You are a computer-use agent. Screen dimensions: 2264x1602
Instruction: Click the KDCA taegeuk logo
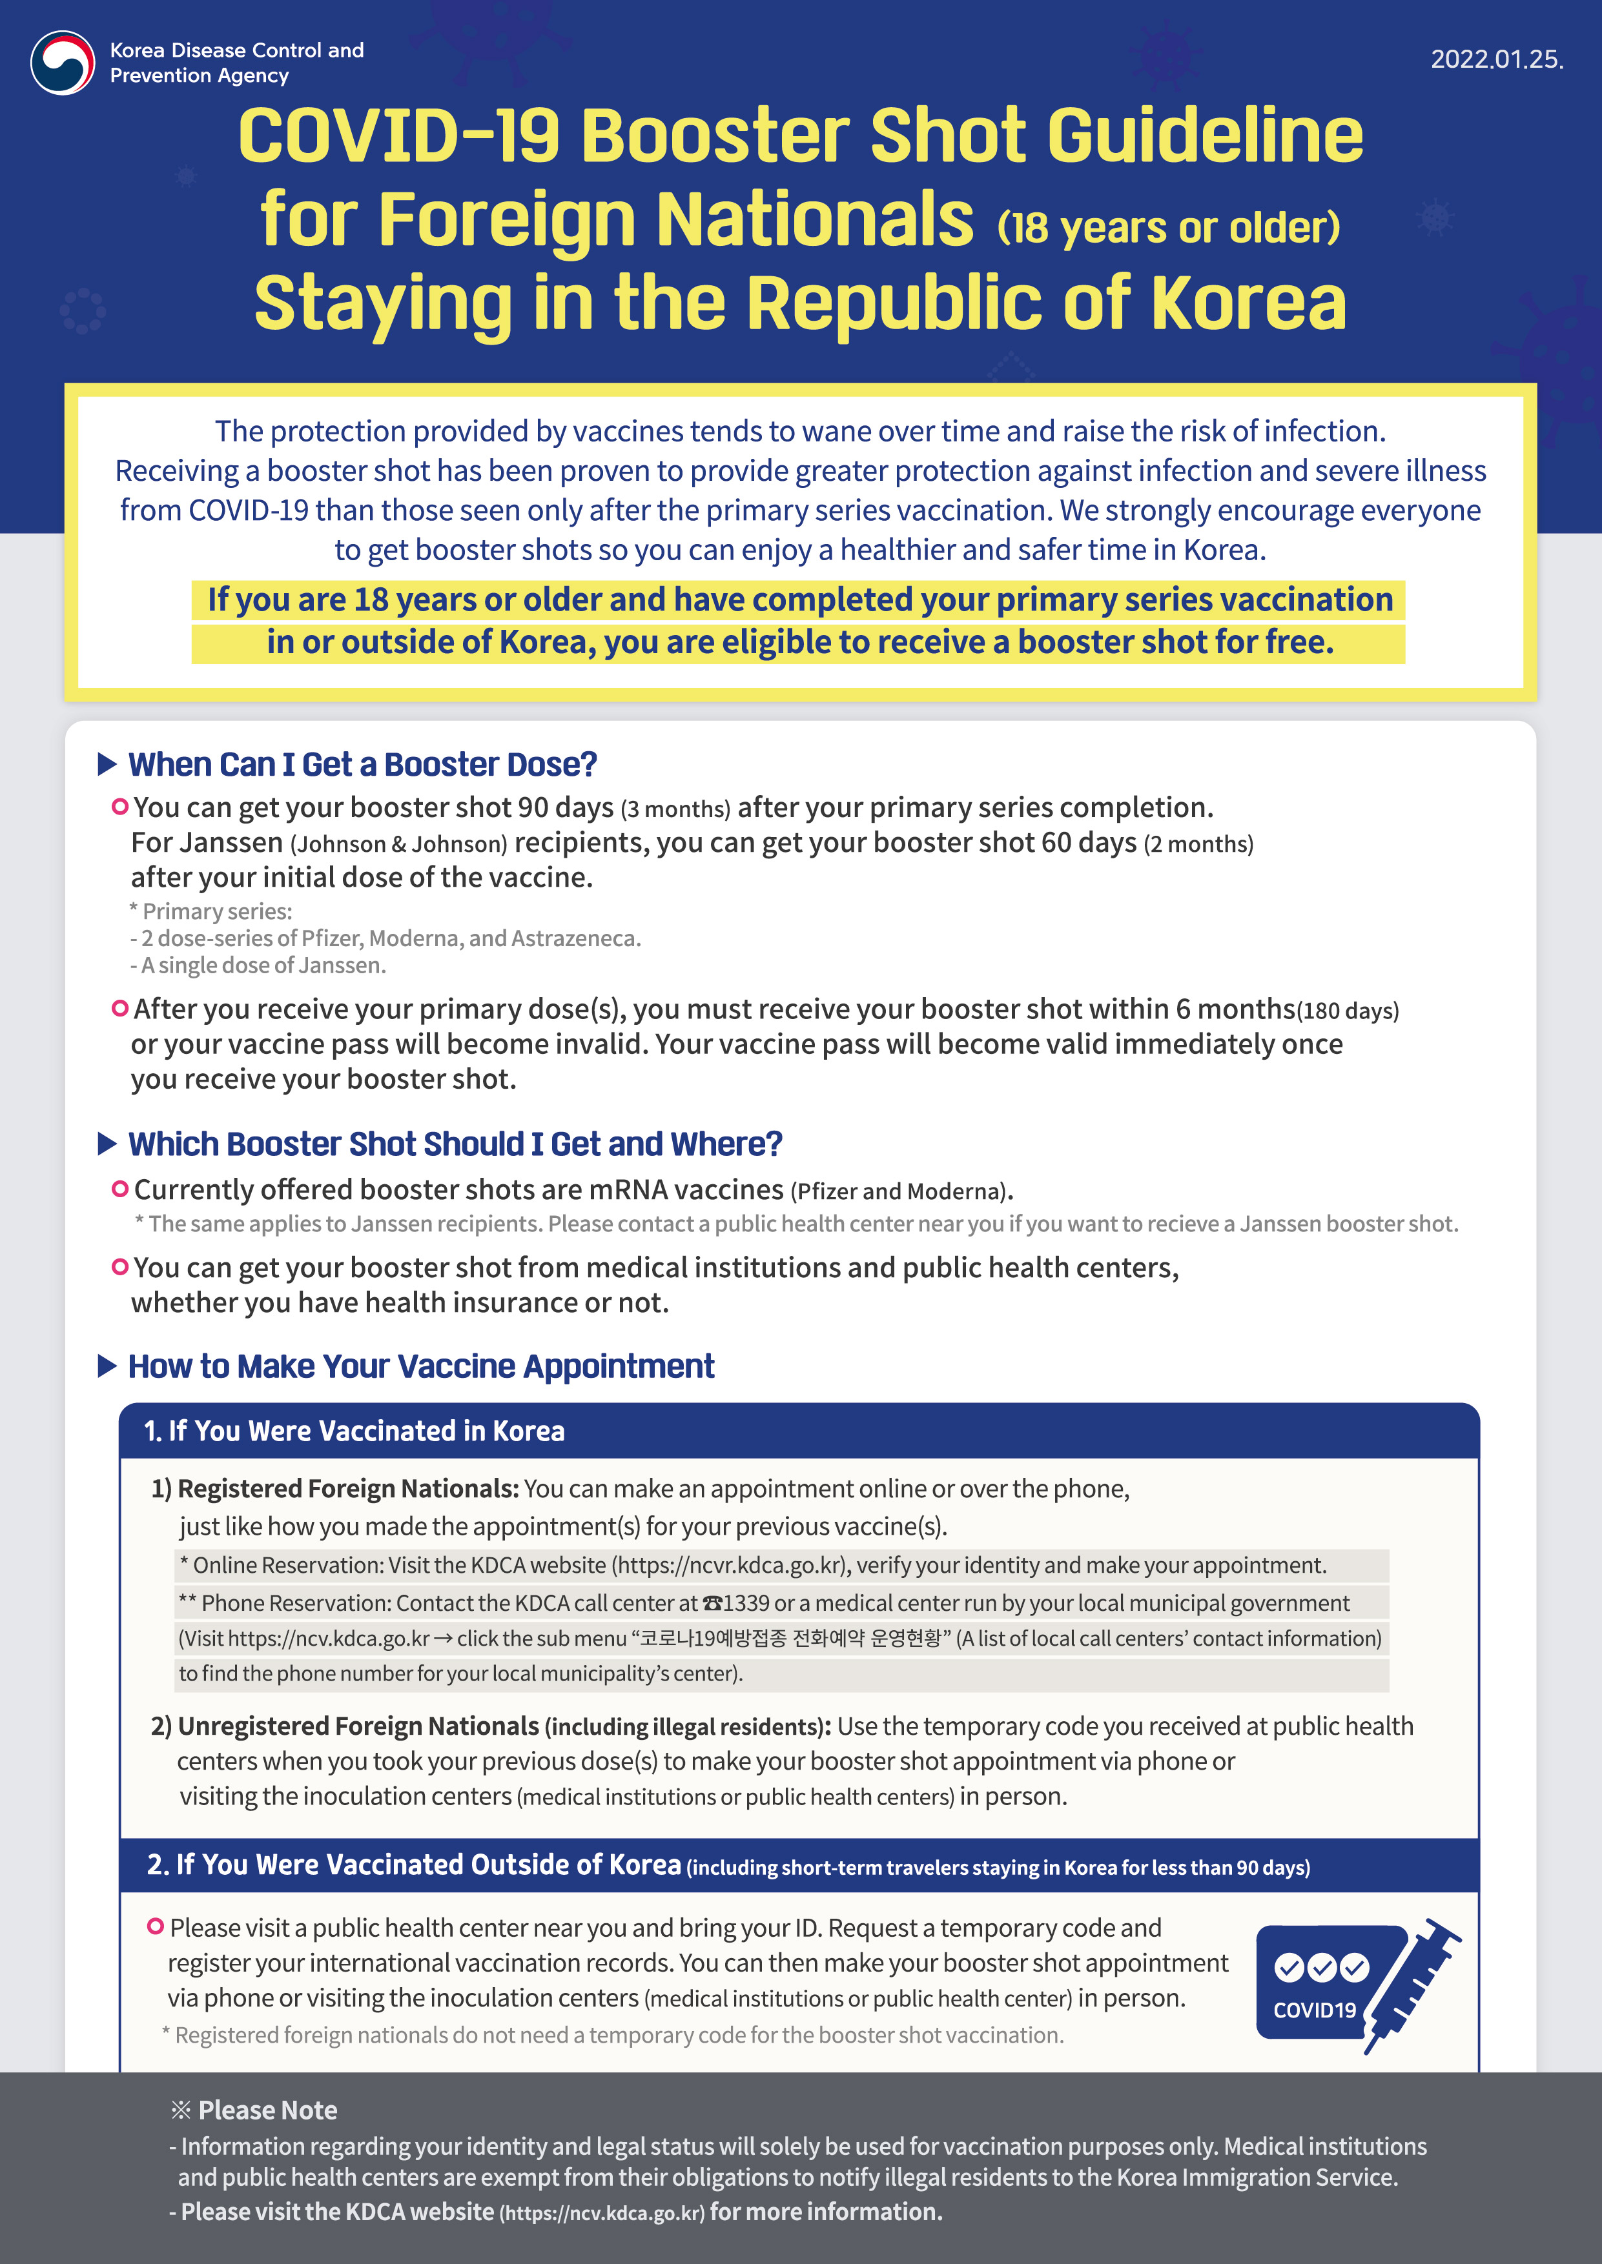pyautogui.click(x=62, y=62)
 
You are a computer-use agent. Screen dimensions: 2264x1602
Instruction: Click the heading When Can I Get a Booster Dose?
pyautogui.click(x=362, y=764)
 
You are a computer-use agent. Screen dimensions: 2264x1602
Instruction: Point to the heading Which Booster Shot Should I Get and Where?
pyautogui.click(x=455, y=1144)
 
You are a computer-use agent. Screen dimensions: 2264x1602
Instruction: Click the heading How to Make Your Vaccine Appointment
pyautogui.click(x=421, y=1367)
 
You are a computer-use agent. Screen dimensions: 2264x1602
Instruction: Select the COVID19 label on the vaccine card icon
pyautogui.click(x=1314, y=2010)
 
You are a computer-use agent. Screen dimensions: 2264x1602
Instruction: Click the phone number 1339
pyautogui.click(x=746, y=1603)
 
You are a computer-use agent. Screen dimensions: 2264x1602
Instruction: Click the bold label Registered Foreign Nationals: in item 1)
pyautogui.click(x=348, y=1489)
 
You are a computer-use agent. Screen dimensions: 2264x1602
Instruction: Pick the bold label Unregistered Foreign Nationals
pyautogui.click(x=358, y=1726)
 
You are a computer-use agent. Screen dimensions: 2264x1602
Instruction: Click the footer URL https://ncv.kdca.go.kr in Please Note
pyautogui.click(x=602, y=2214)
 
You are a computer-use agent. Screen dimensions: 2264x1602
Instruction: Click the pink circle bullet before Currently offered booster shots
pyautogui.click(x=120, y=1189)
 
